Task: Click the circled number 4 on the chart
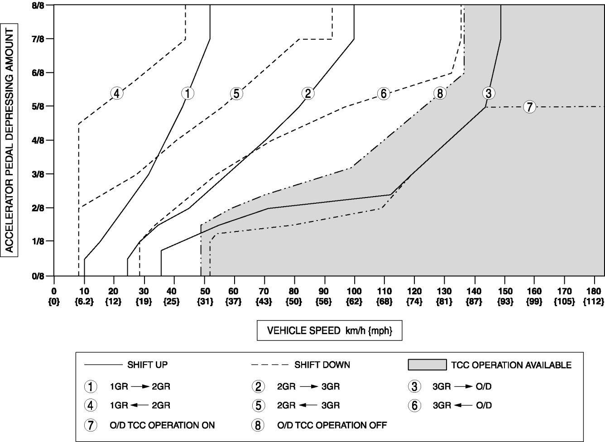point(117,94)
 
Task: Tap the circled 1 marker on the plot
point(187,93)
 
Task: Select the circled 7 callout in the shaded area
point(529,107)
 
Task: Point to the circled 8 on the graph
point(439,94)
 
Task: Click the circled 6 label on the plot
point(383,94)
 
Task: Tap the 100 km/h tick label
point(354,291)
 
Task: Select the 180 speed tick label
point(594,291)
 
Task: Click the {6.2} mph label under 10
point(84,301)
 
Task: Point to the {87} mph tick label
point(474,301)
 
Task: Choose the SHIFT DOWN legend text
point(322,365)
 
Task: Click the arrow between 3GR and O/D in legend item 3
point(463,387)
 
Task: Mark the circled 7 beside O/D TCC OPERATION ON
point(91,425)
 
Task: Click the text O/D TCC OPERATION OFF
point(332,425)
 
